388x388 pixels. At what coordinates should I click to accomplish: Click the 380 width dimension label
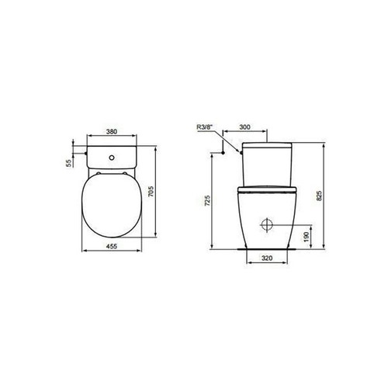coord(111,133)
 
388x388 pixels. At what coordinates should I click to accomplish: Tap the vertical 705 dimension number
coord(161,192)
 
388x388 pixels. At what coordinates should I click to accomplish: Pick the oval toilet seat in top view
coord(112,206)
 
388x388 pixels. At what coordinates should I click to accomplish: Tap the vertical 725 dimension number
coord(205,200)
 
